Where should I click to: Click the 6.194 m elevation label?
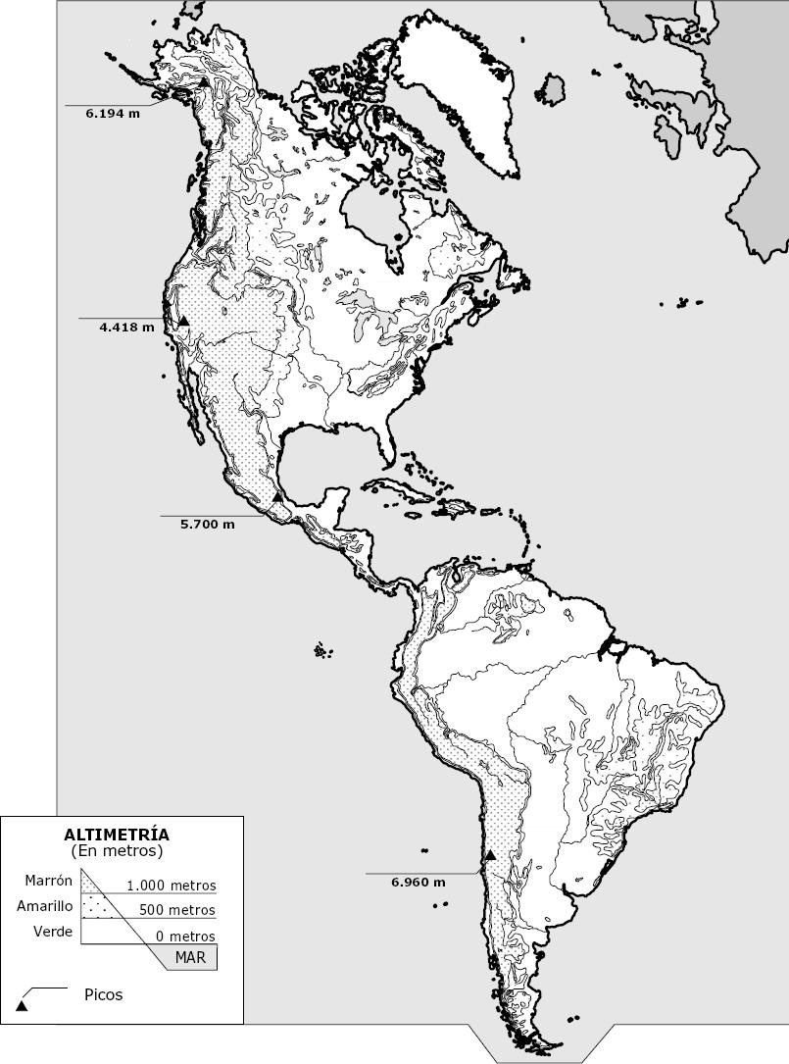113,114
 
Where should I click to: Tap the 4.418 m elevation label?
126,328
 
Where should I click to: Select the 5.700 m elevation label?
208,525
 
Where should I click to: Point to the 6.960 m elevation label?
417,882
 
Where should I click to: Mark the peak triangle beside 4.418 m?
183,321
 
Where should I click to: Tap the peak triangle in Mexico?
277,498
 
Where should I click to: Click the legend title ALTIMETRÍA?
117,835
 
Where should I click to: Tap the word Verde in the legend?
53,932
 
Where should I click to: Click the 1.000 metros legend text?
171,886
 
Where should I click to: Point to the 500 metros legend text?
176,910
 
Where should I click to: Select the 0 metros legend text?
185,937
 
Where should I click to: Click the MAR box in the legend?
189,957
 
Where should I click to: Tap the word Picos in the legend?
104,994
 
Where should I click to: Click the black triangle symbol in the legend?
22,1005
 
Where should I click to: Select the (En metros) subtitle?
117,850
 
